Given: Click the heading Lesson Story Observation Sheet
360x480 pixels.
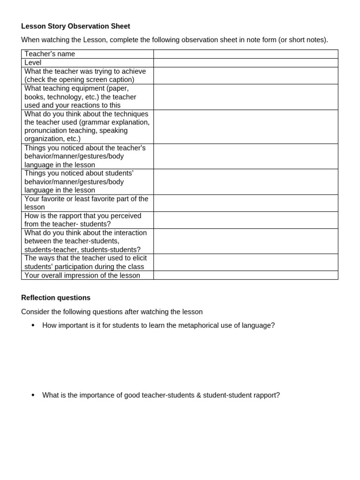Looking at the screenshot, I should tap(75, 26).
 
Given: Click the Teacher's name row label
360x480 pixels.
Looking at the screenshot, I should tap(50, 54).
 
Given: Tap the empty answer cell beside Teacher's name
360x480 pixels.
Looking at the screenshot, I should tap(245, 54).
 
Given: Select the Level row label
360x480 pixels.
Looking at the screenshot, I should tap(33, 63).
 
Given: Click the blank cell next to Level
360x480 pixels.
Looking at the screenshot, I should tap(245, 63).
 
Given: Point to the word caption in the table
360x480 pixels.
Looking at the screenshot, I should tap(121, 80).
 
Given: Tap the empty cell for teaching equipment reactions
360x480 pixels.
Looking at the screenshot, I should tap(245, 97).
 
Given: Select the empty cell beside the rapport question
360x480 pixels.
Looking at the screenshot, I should tap(245, 220).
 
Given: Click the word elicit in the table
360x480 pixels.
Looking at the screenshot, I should tap(138, 258).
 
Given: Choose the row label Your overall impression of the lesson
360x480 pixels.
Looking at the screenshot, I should tap(82, 276).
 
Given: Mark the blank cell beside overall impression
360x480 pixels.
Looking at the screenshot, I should tap(245, 276).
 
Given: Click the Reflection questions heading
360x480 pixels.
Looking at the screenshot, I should tap(56, 298).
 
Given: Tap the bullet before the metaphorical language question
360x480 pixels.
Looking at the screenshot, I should tap(33, 325).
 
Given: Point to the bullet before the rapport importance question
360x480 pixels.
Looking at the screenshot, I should tap(33, 395).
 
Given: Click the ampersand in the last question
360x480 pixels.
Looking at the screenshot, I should tap(199, 395).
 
